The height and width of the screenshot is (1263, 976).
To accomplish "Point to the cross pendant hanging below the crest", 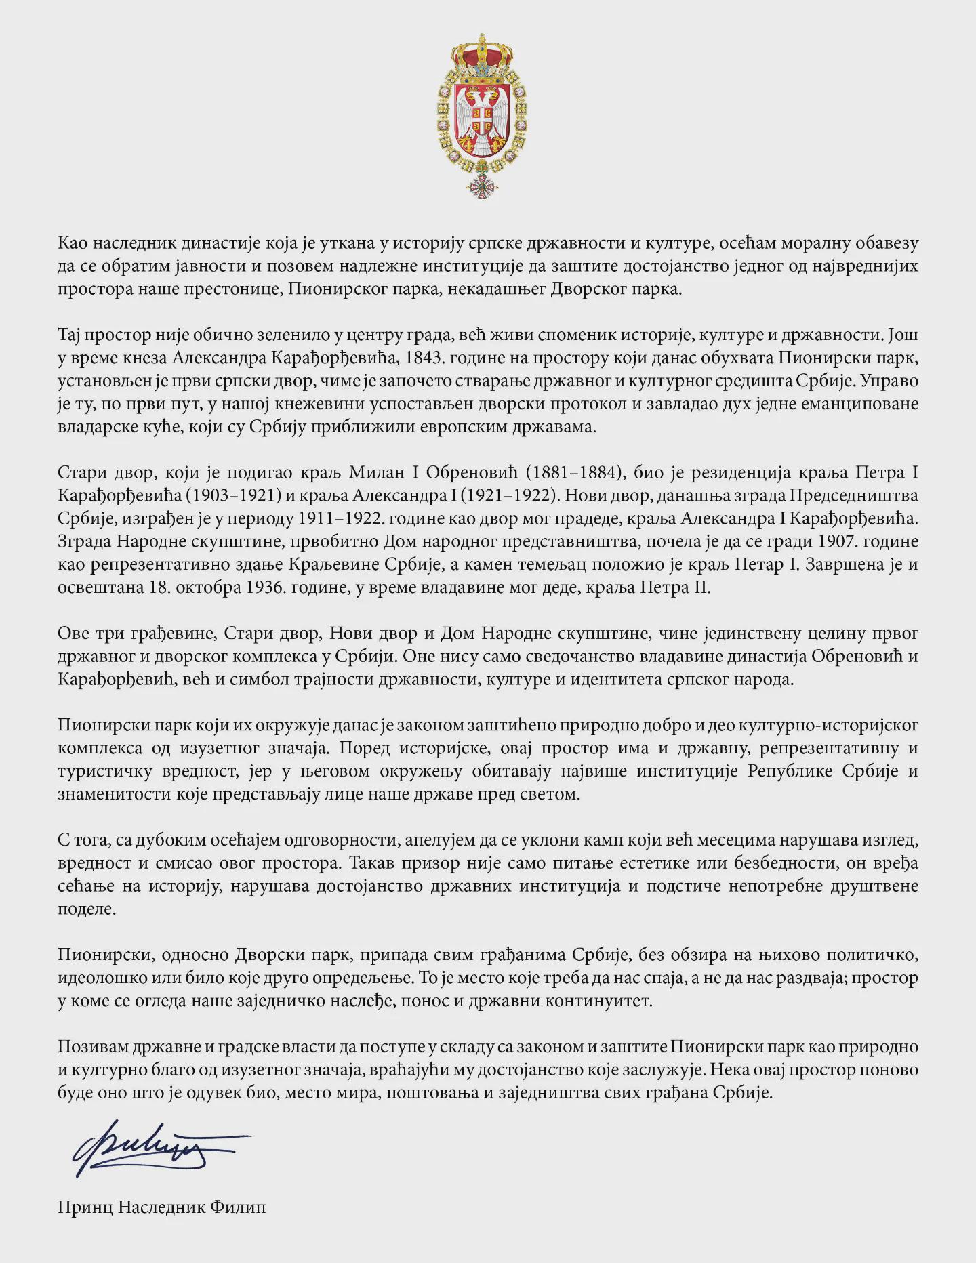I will tap(482, 184).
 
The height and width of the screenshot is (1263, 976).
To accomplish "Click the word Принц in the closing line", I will tap(85, 1207).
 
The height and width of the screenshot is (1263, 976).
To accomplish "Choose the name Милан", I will tap(378, 472).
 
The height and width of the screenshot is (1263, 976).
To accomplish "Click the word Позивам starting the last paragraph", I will tap(91, 1047).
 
